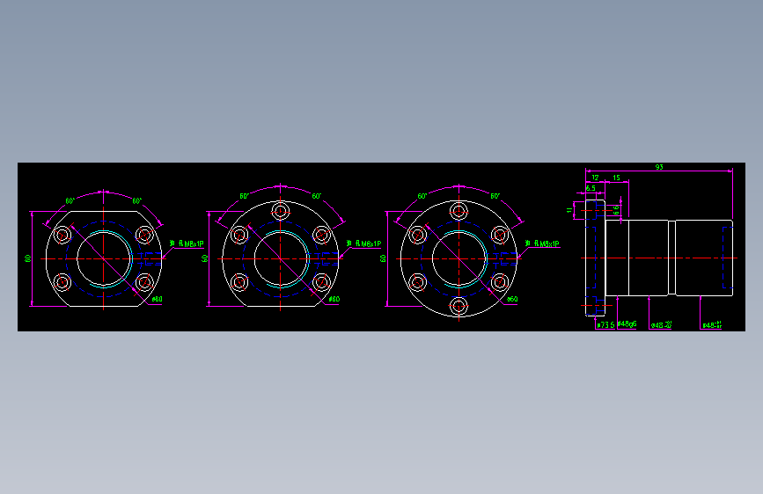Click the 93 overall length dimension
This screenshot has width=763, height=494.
(659, 167)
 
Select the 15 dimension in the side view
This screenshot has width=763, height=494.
(616, 178)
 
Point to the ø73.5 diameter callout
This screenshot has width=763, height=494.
(605, 324)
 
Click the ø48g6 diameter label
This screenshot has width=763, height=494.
(627, 324)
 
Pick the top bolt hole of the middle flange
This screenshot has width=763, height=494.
(280, 211)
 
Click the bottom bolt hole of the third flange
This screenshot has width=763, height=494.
(459, 306)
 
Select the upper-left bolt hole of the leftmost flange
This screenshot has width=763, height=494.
(62, 235)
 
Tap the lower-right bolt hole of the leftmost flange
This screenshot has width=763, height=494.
(144, 282)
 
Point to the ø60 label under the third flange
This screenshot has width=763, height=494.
(512, 299)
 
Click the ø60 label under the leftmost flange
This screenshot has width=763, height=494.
(157, 299)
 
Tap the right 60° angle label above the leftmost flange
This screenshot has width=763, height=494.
(137, 201)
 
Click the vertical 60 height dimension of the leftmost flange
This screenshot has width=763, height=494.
(28, 258)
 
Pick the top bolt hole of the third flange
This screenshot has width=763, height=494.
(459, 211)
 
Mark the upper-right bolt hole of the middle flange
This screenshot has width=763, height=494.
(321, 235)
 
